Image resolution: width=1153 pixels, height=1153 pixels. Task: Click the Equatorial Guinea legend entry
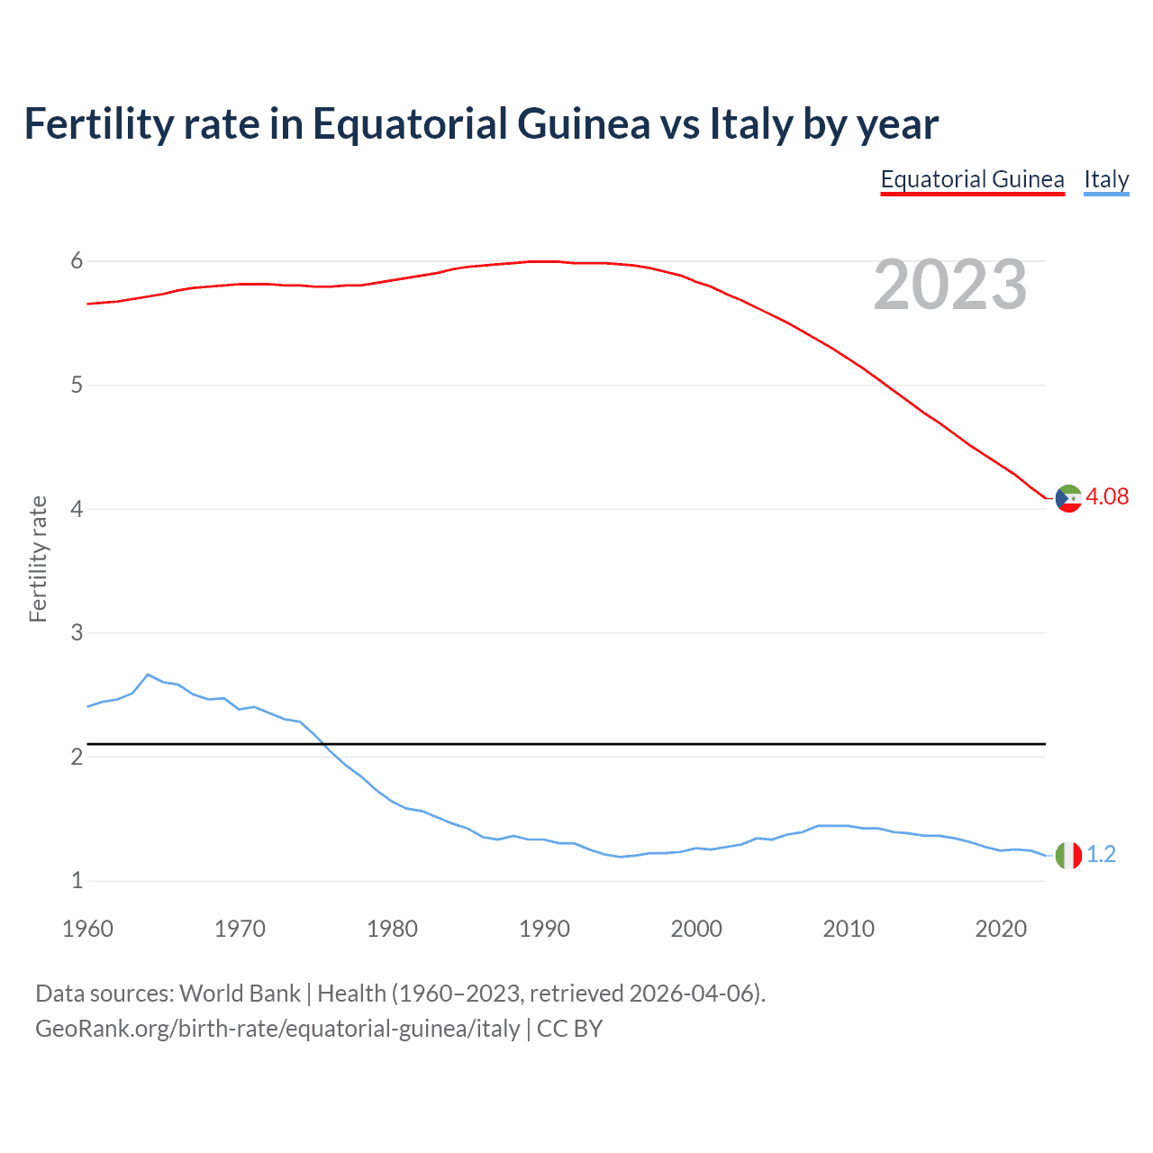pyautogui.click(x=972, y=179)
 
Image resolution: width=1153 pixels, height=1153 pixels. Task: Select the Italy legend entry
pyautogui.click(x=1106, y=179)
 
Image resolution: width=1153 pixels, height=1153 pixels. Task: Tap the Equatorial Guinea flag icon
pyautogui.click(x=1068, y=497)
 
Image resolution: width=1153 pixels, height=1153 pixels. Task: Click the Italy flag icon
pyautogui.click(x=1068, y=855)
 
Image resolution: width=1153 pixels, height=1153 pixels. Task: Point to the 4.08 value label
pyautogui.click(x=1107, y=496)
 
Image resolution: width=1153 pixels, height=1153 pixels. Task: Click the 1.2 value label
pyautogui.click(x=1101, y=854)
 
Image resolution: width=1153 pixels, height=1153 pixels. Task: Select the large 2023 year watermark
pyautogui.click(x=950, y=286)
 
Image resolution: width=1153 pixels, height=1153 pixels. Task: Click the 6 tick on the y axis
pyautogui.click(x=77, y=261)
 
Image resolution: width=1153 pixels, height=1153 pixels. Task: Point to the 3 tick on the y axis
pyautogui.click(x=77, y=633)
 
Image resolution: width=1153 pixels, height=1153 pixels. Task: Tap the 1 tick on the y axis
pyautogui.click(x=77, y=880)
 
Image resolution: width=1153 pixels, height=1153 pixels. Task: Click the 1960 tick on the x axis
pyautogui.click(x=87, y=929)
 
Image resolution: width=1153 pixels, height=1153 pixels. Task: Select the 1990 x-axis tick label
pyautogui.click(x=544, y=929)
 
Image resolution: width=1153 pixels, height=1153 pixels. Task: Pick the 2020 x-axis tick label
pyautogui.click(x=1001, y=929)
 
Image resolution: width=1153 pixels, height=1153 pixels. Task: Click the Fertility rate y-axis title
pyautogui.click(x=38, y=558)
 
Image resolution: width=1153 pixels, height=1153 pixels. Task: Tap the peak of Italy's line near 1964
pyautogui.click(x=148, y=674)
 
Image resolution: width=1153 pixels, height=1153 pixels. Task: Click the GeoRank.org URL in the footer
pyautogui.click(x=277, y=1029)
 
